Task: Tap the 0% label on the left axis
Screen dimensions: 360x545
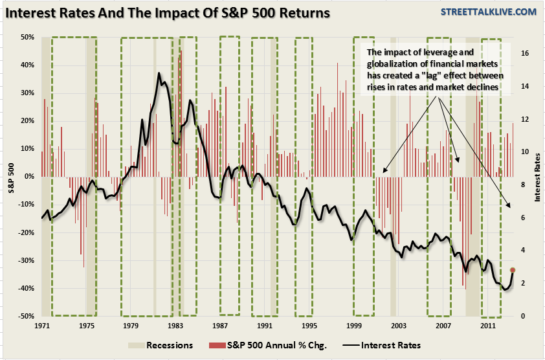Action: (28, 177)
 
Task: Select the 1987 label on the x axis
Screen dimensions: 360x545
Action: (219, 325)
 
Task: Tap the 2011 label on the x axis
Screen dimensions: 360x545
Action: (487, 325)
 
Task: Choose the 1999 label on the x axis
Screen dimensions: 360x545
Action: (353, 325)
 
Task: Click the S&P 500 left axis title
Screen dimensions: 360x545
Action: (10, 177)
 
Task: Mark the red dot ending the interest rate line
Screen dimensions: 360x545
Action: (513, 270)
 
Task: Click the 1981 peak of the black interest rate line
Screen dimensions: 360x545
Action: (159, 73)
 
